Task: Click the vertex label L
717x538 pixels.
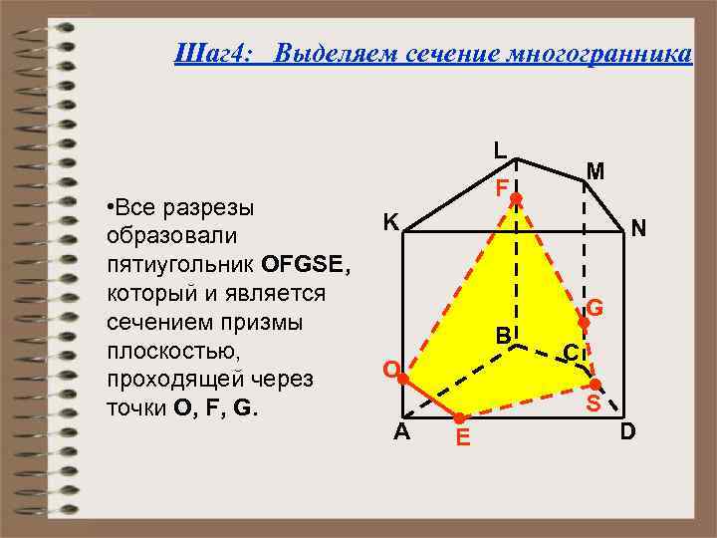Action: coord(500,151)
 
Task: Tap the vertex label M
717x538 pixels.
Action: coord(596,171)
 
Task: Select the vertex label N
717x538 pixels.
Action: coord(638,229)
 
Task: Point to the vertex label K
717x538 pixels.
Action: coord(392,222)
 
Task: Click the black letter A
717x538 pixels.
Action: coord(400,432)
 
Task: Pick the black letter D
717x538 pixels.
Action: coord(627,432)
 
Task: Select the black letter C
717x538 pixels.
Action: coord(571,352)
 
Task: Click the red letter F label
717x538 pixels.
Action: coord(503,187)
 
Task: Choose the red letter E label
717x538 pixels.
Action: coord(462,437)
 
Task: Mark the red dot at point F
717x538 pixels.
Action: coord(516,200)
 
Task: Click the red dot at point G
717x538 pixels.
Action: coord(585,323)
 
